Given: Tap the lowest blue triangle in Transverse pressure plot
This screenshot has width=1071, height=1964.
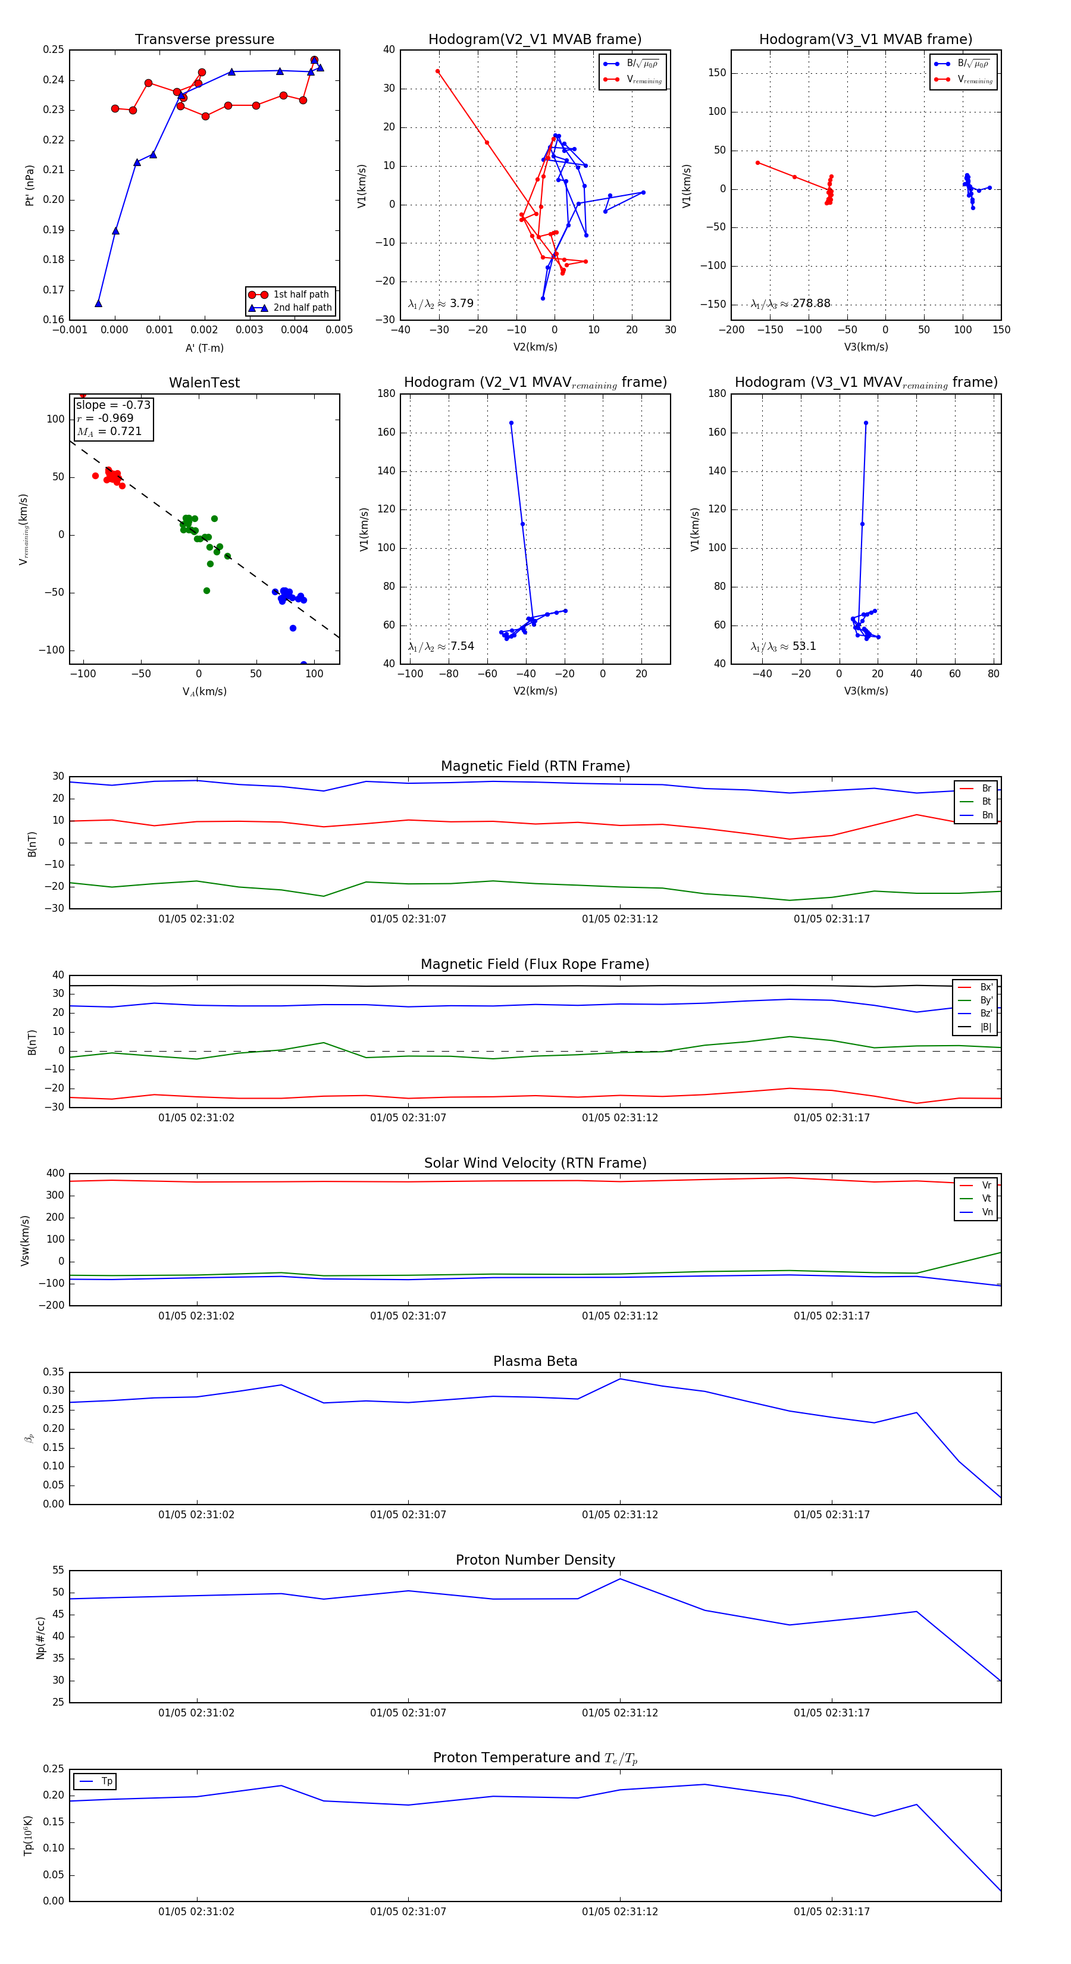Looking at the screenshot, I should pos(98,304).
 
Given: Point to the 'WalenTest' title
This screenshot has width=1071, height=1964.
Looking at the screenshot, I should pos(204,383).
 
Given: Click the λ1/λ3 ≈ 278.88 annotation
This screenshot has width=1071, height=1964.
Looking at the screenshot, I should pos(791,304).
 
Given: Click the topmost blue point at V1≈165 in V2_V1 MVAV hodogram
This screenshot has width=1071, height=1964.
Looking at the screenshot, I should pos(511,423).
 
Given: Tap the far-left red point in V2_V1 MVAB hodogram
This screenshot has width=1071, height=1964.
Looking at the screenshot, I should pos(437,71).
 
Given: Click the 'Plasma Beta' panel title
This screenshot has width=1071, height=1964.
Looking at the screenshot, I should pos(535,1362).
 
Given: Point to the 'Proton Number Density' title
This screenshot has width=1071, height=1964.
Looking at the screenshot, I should pos(535,1560).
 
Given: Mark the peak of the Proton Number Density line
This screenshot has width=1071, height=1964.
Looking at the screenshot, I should pos(620,1579).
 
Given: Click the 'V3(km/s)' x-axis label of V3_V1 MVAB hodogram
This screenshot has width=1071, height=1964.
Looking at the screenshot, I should pos(866,347).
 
